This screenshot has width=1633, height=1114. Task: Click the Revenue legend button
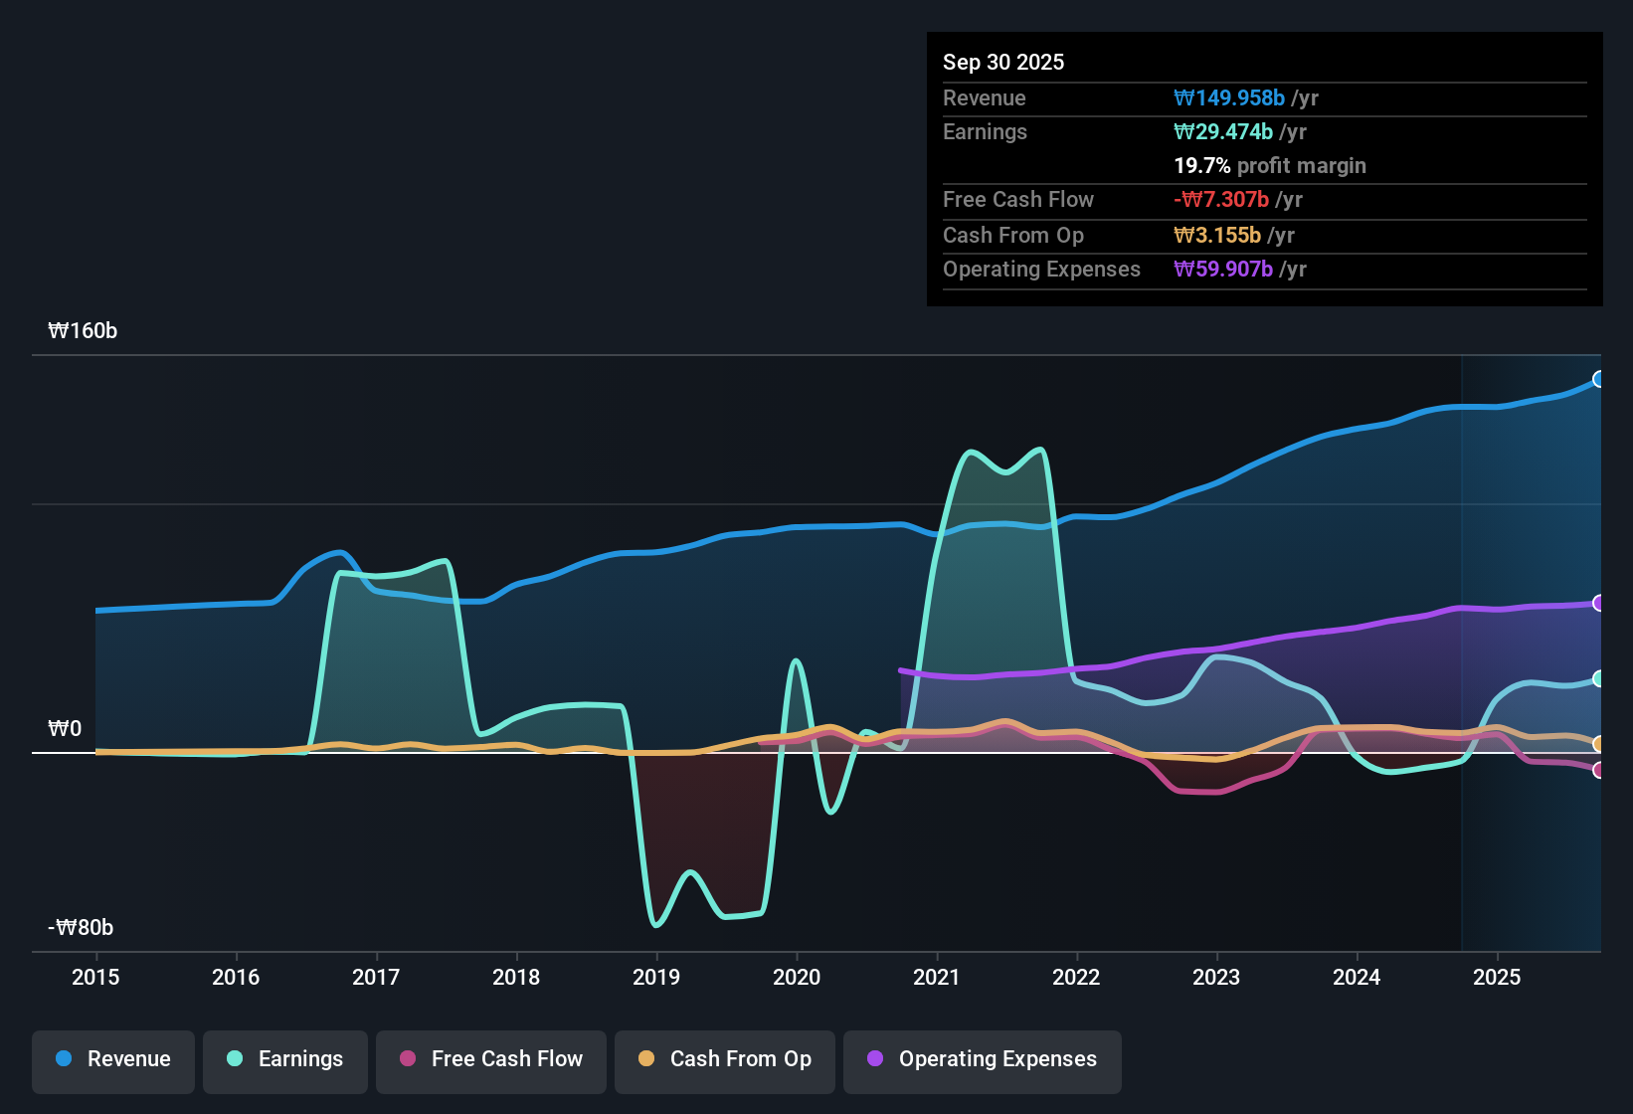[113, 1059]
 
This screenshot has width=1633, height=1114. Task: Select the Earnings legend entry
[285, 1059]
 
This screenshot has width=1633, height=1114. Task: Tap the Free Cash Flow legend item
[491, 1059]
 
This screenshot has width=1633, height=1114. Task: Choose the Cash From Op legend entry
[725, 1059]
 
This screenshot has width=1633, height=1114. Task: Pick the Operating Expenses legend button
[983, 1059]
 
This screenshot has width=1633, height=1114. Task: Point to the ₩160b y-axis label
[83, 331]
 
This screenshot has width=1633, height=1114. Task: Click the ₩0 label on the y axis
[65, 729]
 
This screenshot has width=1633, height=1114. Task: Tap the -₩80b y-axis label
[81, 928]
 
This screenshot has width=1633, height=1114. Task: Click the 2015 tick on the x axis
[95, 978]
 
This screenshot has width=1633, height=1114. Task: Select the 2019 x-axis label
[656, 978]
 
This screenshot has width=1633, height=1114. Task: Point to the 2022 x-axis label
[1076, 978]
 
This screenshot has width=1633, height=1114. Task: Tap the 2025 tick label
[1497, 978]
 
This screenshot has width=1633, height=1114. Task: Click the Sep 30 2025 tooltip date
[1003, 63]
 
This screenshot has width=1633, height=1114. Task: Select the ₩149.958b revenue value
[1229, 98]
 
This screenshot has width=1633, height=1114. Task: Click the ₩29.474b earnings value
[1223, 132]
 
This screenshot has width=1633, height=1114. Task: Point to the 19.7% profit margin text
[1270, 166]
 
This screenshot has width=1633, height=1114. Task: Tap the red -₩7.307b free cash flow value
[1221, 200]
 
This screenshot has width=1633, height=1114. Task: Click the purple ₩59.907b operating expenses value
[1223, 270]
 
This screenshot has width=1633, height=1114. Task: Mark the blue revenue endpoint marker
[1598, 379]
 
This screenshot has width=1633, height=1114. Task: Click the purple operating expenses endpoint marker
[1598, 603]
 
